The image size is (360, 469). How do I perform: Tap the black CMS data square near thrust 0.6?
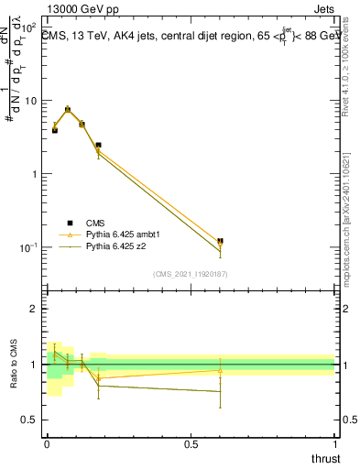click(x=220, y=241)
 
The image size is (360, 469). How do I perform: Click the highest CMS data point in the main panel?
click(x=68, y=109)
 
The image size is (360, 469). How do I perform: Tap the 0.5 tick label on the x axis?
click(x=191, y=444)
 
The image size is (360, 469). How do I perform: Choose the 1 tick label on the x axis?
click(x=335, y=444)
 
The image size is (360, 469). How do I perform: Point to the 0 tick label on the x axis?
click(x=47, y=444)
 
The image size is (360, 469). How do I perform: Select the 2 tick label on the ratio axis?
click(x=33, y=309)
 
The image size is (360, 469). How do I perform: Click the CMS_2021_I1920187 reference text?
click(x=191, y=274)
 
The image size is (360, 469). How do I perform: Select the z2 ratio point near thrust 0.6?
click(x=220, y=391)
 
